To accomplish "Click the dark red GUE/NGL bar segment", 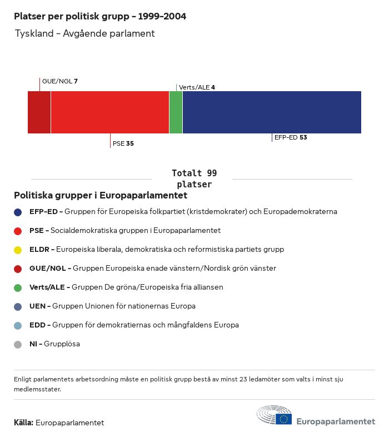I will point(39,112).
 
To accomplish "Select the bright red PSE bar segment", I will point(109,112).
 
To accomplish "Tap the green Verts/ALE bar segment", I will point(176,112).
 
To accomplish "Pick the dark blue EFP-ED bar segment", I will point(272,112).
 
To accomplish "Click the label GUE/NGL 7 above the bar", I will point(60,81).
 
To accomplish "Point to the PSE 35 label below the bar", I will point(123,143).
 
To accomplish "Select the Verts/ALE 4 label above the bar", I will point(197,87).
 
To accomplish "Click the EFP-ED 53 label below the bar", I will point(290,137).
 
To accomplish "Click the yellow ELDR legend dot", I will point(18,250).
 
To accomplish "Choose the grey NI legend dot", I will point(18,344).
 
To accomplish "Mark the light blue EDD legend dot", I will point(18,325).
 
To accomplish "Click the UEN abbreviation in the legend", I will point(38,306).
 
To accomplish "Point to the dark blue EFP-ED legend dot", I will point(18,212).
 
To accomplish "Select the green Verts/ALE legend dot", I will point(18,287).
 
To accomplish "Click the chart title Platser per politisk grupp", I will point(100,17).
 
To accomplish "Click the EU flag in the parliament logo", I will point(284,419).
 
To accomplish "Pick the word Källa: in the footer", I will point(23,423).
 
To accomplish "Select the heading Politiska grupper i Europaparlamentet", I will point(100,196).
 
